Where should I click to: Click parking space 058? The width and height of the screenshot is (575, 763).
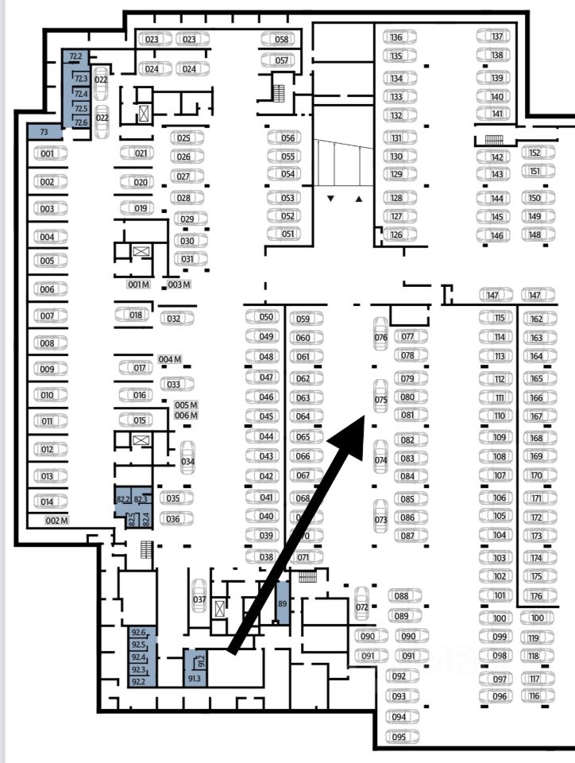[281, 39]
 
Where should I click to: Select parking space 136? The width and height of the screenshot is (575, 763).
[396, 37]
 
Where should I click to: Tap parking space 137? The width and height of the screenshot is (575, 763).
[497, 37]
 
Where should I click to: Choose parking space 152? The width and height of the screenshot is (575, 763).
[534, 153]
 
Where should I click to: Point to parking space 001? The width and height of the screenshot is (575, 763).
[48, 153]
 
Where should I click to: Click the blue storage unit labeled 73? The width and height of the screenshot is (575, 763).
[44, 131]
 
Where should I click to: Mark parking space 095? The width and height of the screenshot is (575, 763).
[399, 738]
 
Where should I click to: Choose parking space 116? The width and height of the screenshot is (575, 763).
[534, 696]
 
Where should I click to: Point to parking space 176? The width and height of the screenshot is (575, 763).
[536, 596]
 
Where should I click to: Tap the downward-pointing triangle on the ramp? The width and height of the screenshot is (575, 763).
[331, 198]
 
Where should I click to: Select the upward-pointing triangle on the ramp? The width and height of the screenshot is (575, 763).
[358, 198]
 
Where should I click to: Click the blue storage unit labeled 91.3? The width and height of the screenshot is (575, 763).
[194, 677]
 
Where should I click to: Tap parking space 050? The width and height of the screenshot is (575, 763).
[266, 317]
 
